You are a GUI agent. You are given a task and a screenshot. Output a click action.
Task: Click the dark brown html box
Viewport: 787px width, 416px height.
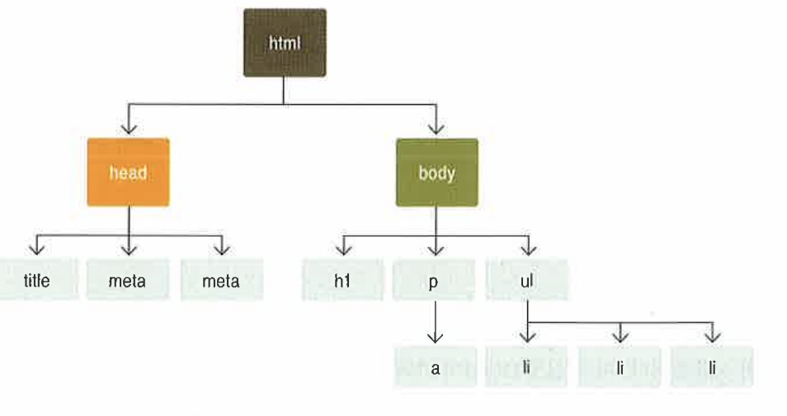coord(284,42)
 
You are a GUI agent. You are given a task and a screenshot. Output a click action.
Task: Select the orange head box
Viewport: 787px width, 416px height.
coord(128,173)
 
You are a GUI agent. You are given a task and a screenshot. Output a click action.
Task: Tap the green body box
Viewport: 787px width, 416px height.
coord(436,173)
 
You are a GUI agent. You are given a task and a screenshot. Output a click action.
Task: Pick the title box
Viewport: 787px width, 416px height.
coord(37,280)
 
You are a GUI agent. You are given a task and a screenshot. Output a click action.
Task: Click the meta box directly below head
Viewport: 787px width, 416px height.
coord(127,280)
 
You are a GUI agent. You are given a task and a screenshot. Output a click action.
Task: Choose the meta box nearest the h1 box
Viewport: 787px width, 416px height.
coord(221,280)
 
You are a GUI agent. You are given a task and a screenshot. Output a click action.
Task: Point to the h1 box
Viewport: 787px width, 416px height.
coord(343,280)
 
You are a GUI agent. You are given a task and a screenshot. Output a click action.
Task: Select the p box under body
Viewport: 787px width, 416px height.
coord(435,280)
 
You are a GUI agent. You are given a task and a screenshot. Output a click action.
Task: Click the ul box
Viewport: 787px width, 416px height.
coord(527,280)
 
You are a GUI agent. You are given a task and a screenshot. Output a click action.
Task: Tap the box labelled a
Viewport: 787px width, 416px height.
coord(435,368)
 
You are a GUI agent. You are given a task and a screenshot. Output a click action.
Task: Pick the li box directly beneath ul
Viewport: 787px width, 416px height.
coord(525,368)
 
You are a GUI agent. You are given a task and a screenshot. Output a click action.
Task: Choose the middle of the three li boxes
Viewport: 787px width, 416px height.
coord(620,368)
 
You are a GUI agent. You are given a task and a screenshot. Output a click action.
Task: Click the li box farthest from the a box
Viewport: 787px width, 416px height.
coord(712,368)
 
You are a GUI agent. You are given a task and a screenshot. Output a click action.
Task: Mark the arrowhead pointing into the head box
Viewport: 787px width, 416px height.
coord(128,129)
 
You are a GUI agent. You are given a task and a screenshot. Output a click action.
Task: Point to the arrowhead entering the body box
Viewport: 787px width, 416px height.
coord(436,129)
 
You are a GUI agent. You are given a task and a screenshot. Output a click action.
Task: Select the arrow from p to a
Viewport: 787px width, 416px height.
coord(435,323)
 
